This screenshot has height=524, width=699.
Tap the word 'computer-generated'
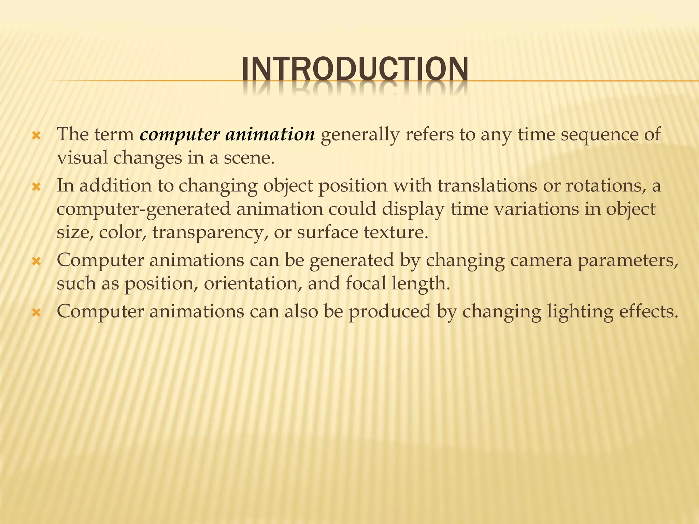point(143,209)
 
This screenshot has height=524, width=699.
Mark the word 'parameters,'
point(628,261)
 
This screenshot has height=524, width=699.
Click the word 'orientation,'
point(253,283)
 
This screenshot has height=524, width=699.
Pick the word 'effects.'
point(649,311)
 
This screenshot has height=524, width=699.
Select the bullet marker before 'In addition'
point(36,187)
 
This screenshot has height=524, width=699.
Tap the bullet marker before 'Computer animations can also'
point(36,313)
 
